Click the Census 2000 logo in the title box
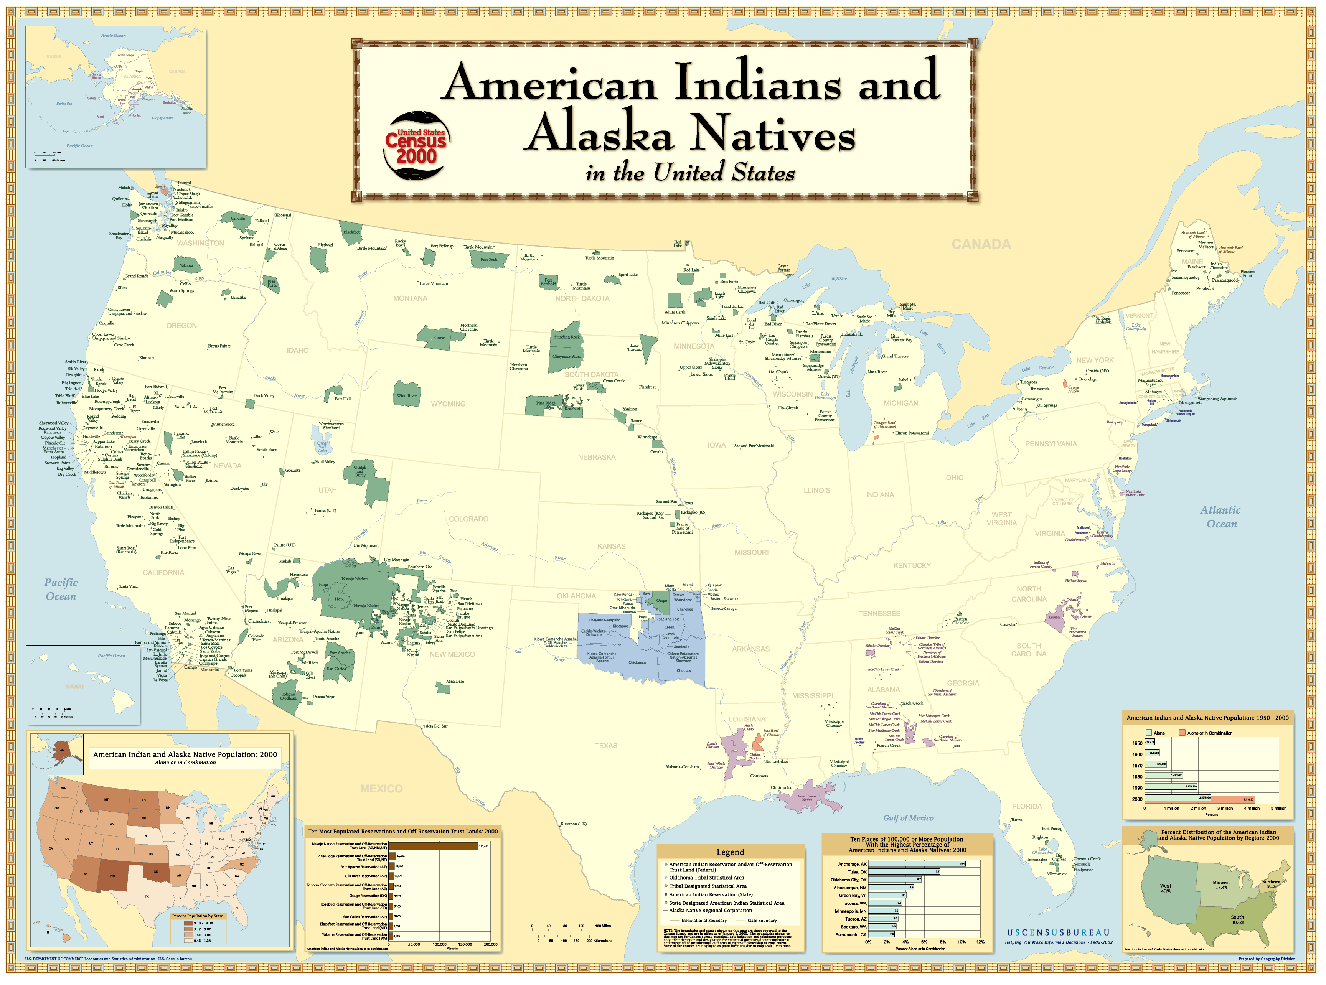click(416, 145)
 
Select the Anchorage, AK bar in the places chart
click(915, 864)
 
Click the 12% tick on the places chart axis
click(980, 942)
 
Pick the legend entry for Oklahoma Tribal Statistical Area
click(706, 878)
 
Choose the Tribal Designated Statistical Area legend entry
click(708, 886)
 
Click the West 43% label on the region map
click(1165, 888)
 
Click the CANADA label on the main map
click(981, 244)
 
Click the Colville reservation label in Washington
click(237, 219)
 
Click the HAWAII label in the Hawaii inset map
click(75, 686)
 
